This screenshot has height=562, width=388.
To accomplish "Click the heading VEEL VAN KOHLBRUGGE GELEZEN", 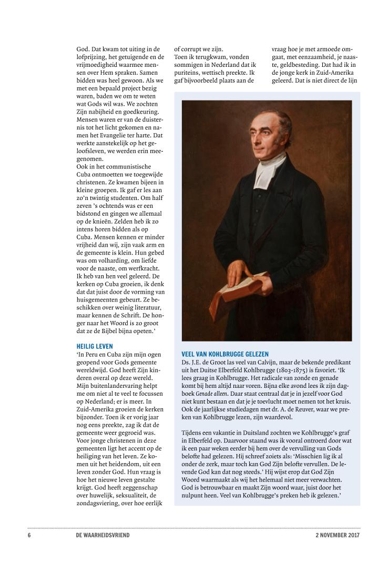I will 225,354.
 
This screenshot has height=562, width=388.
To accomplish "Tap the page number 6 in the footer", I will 29,535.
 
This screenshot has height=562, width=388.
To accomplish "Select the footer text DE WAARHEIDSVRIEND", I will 103,535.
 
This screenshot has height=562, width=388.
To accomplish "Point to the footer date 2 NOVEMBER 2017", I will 334,535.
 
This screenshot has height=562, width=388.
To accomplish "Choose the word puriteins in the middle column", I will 187,72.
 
